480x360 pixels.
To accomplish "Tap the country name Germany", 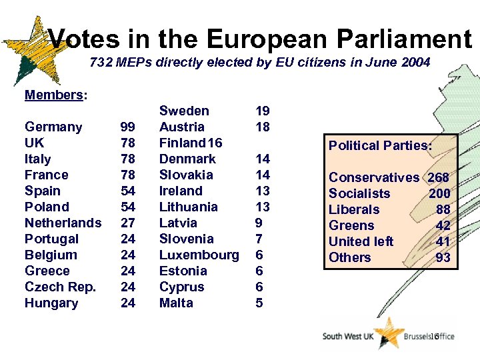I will (x=53, y=127).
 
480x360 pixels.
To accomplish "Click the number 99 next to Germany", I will (x=127, y=127).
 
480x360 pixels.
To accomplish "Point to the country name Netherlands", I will (x=63, y=223).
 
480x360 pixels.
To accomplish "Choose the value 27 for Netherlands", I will (x=127, y=223).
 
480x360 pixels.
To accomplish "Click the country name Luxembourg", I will (x=199, y=255).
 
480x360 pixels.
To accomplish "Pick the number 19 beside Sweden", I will (x=263, y=111).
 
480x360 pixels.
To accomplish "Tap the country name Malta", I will (x=176, y=303).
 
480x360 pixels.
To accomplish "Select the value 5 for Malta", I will (x=259, y=303).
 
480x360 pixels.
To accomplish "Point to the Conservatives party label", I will (x=374, y=177).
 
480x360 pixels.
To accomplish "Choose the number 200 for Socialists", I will (x=439, y=193).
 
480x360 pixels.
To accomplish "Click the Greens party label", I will (x=351, y=225).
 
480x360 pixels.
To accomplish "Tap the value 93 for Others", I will (x=443, y=257).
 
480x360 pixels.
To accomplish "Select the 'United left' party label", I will (x=361, y=241).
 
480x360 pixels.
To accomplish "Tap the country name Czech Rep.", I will (x=60, y=287).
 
